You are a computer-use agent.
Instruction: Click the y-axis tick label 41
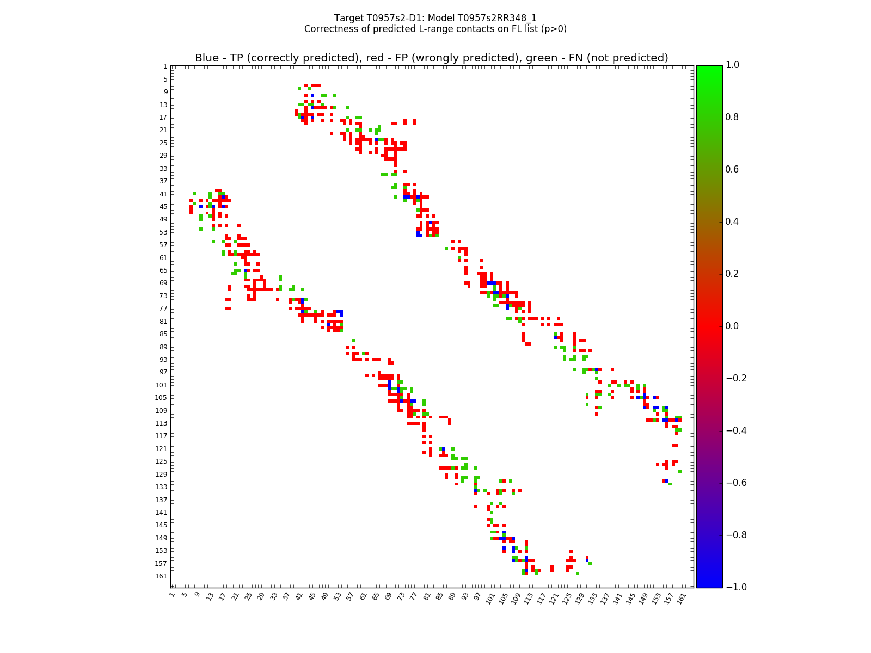(x=163, y=194)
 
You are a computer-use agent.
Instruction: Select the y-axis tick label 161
(x=161, y=576)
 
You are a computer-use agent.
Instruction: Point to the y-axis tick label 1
(x=165, y=66)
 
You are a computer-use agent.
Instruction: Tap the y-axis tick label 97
(x=163, y=372)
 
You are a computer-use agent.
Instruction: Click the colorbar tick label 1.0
(x=732, y=65)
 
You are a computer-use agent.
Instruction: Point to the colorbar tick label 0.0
(x=732, y=326)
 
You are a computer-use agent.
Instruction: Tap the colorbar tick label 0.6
(x=732, y=170)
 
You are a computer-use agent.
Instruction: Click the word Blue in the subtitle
(x=207, y=58)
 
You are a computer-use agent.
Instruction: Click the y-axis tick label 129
(x=161, y=474)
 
